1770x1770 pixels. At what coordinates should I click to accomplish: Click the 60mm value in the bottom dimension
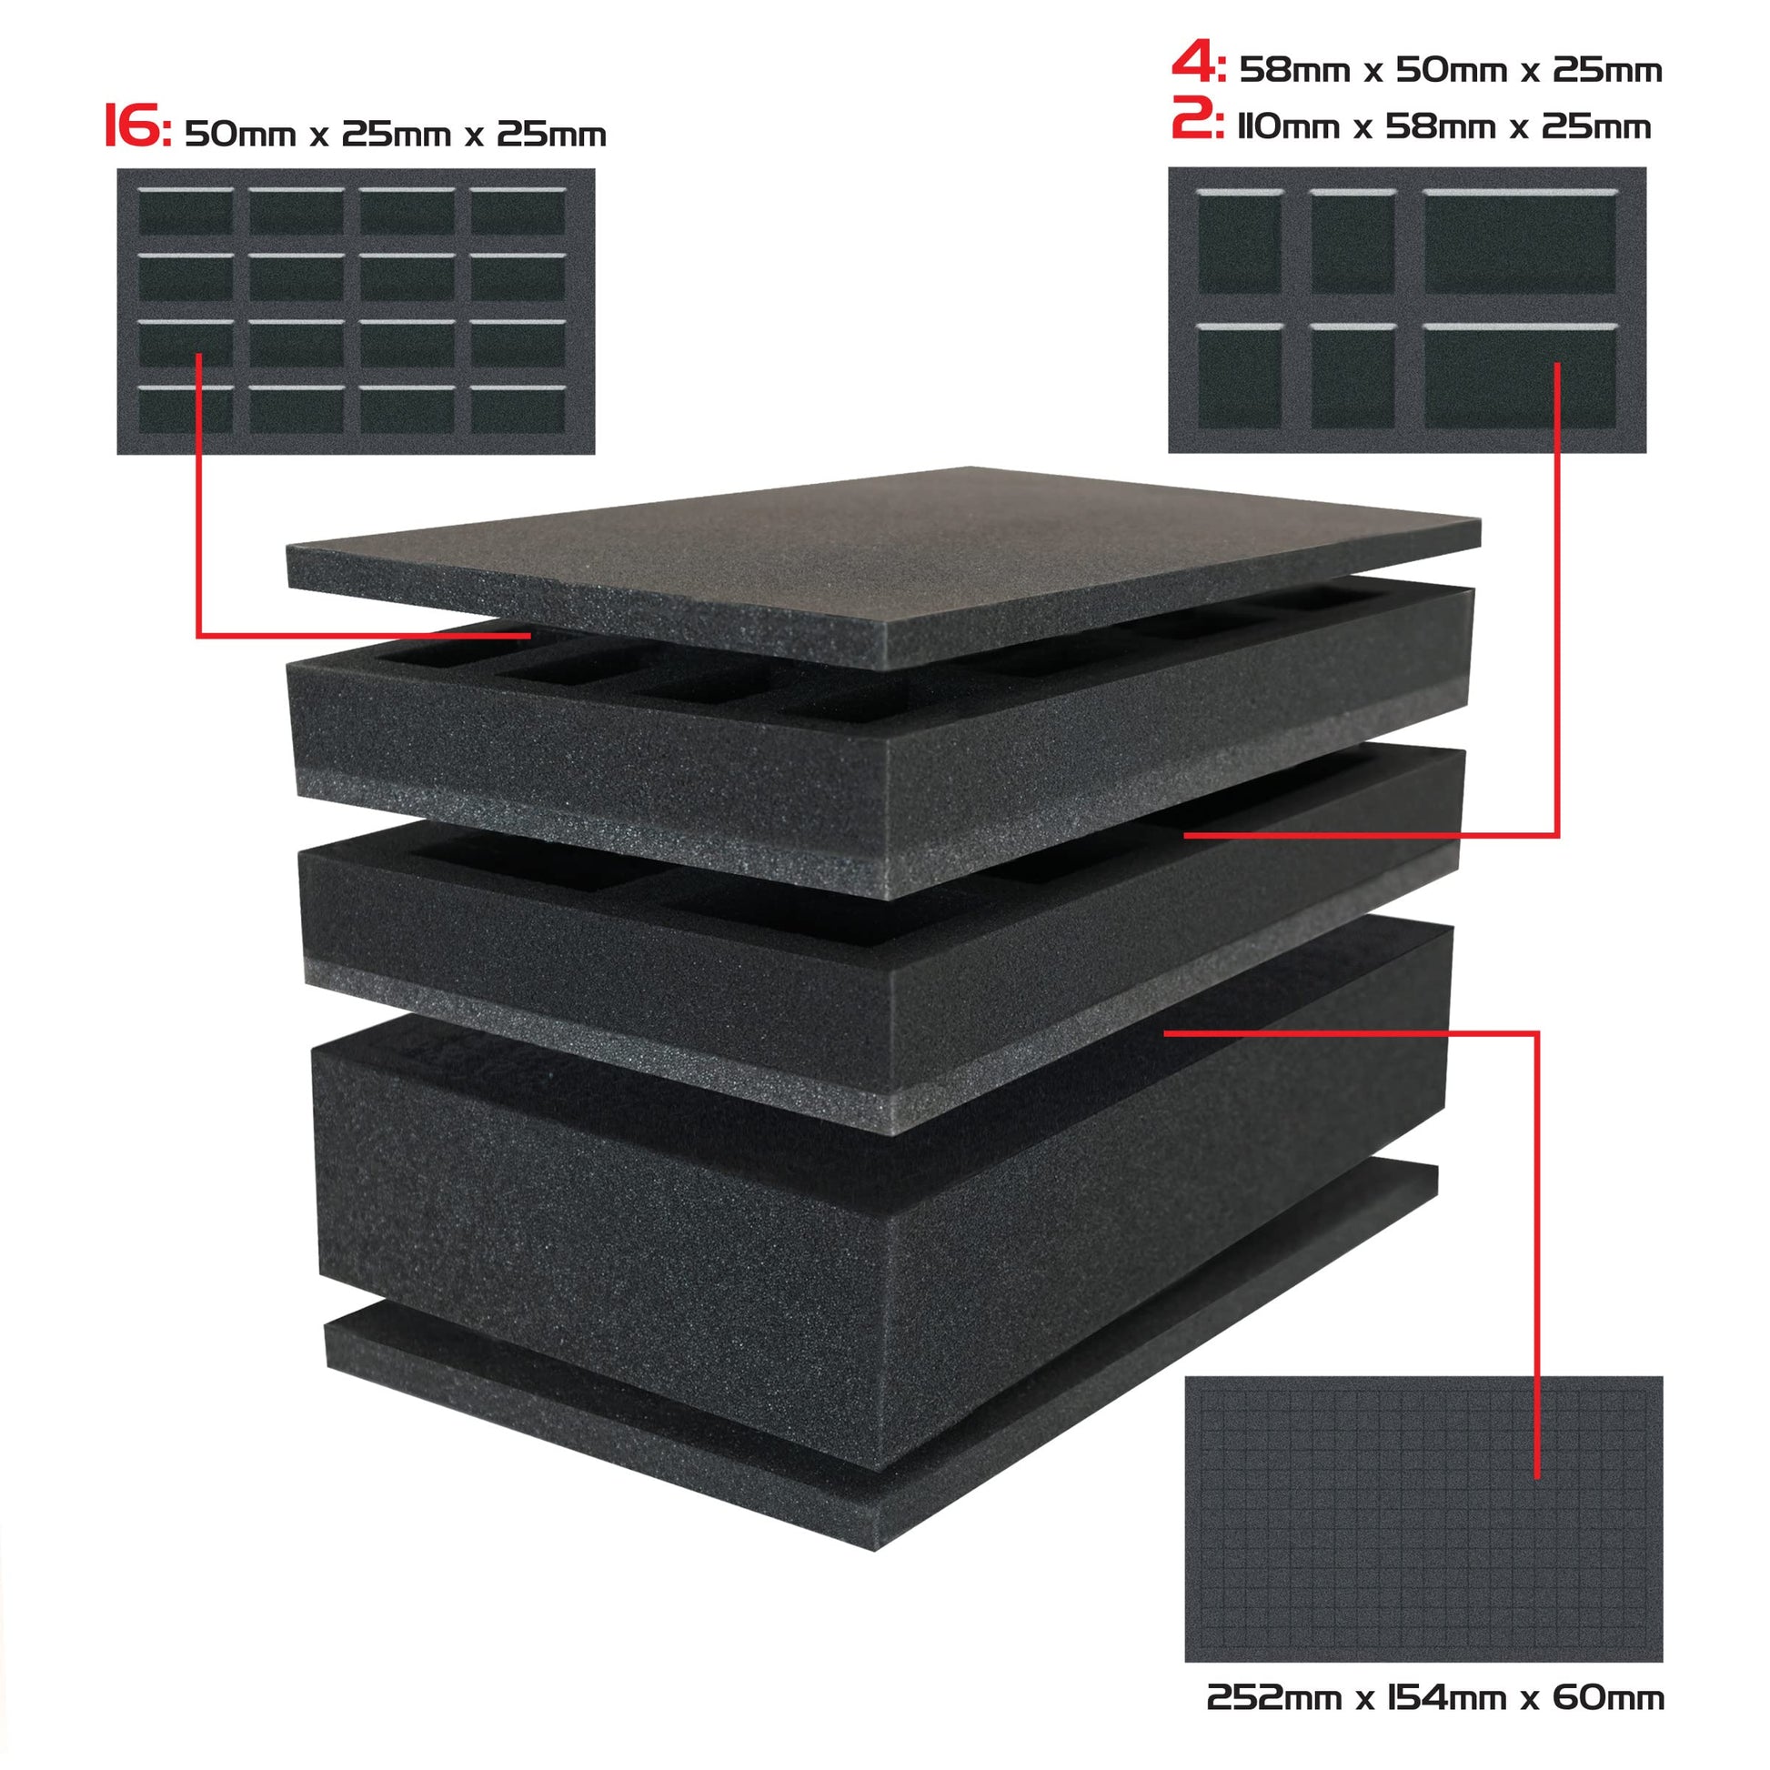(1608, 1697)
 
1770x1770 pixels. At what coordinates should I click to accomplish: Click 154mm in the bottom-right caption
(1445, 1697)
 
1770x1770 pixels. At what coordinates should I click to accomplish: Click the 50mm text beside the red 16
(241, 135)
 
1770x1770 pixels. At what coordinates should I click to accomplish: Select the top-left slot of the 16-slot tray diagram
(185, 212)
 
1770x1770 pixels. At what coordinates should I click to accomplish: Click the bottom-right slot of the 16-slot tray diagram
(518, 410)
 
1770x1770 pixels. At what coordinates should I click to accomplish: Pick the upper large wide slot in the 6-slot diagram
(1520, 242)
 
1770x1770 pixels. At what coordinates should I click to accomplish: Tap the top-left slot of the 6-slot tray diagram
(1240, 242)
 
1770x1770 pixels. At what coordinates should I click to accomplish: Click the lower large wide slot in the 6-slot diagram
(1520, 376)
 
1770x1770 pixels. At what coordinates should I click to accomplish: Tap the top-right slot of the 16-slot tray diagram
(518, 212)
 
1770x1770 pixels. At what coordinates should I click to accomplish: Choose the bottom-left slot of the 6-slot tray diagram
(1240, 376)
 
